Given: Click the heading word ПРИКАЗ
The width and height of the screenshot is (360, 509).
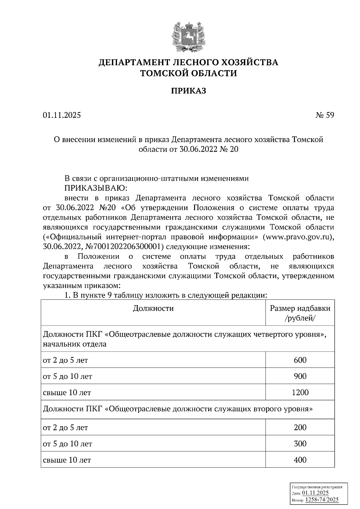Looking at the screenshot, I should [x=188, y=91].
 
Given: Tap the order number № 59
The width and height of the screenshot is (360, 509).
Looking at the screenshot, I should [x=325, y=115].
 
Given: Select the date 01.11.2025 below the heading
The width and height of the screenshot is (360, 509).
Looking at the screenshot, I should [x=62, y=115].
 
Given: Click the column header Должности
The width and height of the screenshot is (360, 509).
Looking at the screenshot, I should [x=153, y=308].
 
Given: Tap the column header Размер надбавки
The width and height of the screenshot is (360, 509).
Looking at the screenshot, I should [x=300, y=308].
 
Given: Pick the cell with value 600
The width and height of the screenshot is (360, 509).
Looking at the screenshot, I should [x=300, y=360].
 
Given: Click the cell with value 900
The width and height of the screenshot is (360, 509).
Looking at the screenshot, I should [x=300, y=376].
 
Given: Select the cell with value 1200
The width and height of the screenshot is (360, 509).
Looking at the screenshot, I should [x=300, y=392].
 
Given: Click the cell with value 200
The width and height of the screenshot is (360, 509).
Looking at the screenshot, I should [x=300, y=427].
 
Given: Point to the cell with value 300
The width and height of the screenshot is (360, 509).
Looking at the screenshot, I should [x=300, y=444].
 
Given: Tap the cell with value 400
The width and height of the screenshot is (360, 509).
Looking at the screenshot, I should [x=300, y=460].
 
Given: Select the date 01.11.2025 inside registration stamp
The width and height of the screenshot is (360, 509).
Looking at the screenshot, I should [x=315, y=493].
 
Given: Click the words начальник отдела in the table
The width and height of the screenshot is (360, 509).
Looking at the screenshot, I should [x=75, y=344].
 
